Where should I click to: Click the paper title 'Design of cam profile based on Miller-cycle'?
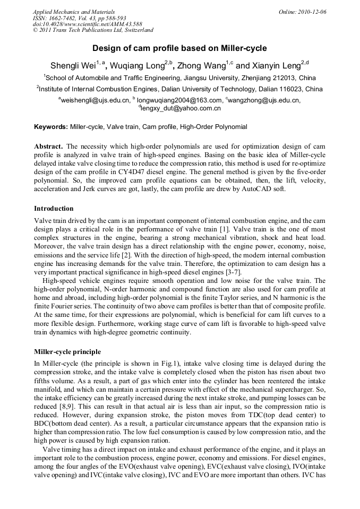click(x=179, y=48)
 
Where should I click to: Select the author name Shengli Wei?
click(x=73, y=66)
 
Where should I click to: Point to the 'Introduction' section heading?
click(x=54, y=209)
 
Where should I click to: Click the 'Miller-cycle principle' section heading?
click(x=67, y=352)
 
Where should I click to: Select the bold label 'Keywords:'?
click(x=51, y=127)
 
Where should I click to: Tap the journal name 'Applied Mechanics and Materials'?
click(x=73, y=12)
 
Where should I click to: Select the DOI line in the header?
click(x=87, y=24)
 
